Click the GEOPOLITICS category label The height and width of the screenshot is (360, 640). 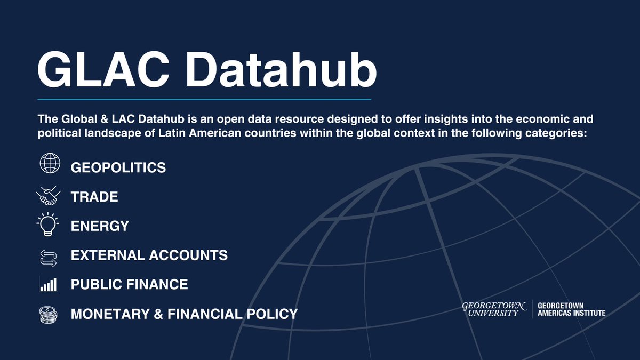[x=118, y=167]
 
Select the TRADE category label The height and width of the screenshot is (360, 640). [x=94, y=197]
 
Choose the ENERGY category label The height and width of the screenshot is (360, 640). [x=100, y=226]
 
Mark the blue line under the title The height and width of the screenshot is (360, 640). [x=204, y=99]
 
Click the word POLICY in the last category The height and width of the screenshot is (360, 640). [x=273, y=314]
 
